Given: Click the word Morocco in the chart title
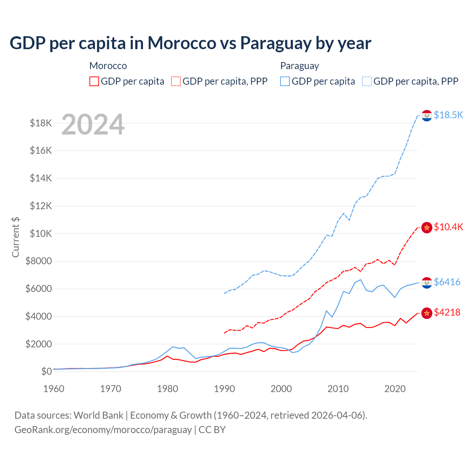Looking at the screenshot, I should [x=182, y=43].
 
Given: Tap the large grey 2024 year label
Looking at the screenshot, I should [x=93, y=125].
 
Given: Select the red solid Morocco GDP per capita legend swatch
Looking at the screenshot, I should [x=94, y=81].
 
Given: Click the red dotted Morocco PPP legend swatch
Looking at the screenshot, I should [x=176, y=81].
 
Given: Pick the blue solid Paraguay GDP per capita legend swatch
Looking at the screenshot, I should [x=285, y=81].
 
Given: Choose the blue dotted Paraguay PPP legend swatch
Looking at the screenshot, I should [x=367, y=81].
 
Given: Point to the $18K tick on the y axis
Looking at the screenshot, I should [x=41, y=123].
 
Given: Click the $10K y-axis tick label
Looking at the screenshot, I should [x=41, y=234].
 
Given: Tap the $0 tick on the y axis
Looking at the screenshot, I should [x=46, y=371].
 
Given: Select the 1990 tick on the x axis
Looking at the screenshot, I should [x=224, y=389].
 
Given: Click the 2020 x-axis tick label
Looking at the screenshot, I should [x=395, y=389].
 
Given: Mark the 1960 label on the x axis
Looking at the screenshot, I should [x=54, y=389].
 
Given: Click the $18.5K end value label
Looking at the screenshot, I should [x=448, y=115].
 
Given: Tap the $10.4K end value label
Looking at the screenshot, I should [x=448, y=227].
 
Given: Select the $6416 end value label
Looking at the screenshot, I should [x=447, y=282].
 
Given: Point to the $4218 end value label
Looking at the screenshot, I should [x=447, y=312].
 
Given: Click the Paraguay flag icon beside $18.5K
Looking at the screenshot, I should [x=427, y=116].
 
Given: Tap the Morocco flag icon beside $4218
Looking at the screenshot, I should [x=427, y=313].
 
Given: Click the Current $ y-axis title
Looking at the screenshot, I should [x=16, y=237].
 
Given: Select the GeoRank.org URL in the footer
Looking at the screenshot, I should [x=103, y=430].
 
